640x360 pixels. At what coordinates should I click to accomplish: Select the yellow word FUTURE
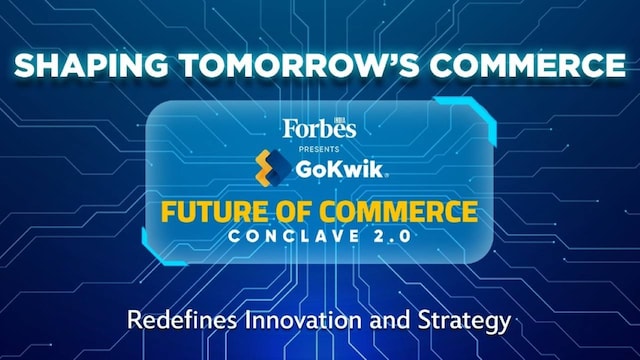point(220,213)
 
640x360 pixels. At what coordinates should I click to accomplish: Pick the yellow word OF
point(296,213)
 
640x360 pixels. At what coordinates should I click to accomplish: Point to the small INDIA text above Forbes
point(348,120)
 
